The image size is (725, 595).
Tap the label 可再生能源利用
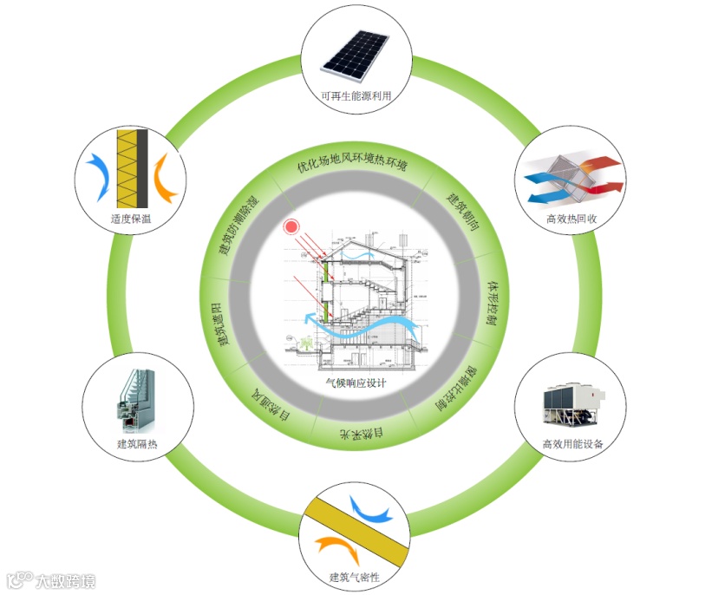356,96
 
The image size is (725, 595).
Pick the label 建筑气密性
356,577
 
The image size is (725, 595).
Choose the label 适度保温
131,219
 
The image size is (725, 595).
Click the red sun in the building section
291,227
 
